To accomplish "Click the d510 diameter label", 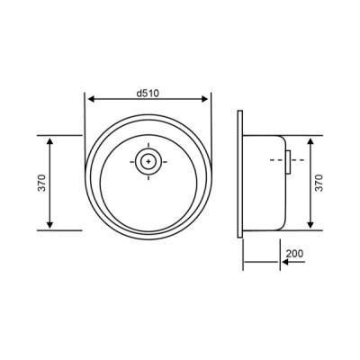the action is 148,94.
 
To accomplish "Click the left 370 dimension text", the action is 41,183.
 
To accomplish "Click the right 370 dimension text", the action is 319,183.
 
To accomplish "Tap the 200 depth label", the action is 294,254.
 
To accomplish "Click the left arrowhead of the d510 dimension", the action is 91,99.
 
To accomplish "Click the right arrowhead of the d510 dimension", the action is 204,99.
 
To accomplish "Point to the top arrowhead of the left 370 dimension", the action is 50,141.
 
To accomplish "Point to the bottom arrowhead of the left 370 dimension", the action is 50,224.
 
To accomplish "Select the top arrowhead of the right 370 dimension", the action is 310,141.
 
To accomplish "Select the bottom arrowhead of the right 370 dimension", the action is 310,224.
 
